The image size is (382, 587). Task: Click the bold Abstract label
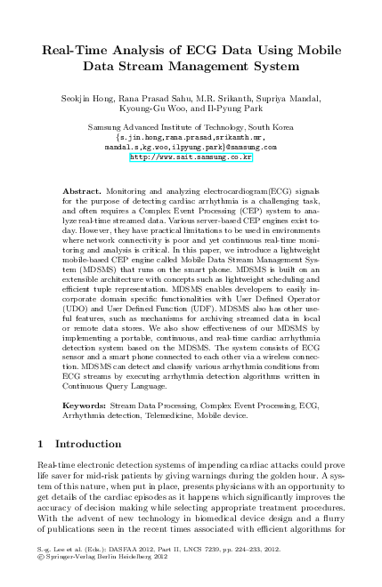[x=83, y=191]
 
